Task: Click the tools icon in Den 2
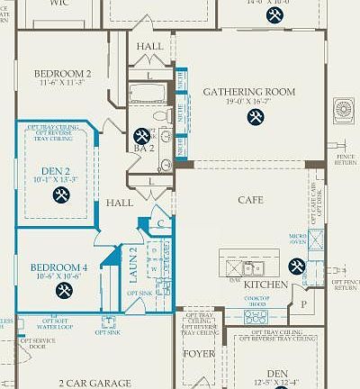point(61,194)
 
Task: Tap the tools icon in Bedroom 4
point(64,289)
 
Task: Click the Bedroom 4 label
point(58,267)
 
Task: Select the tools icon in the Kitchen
point(296,266)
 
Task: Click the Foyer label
point(193,353)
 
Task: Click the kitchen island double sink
point(246,267)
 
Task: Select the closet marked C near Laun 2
point(158,222)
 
